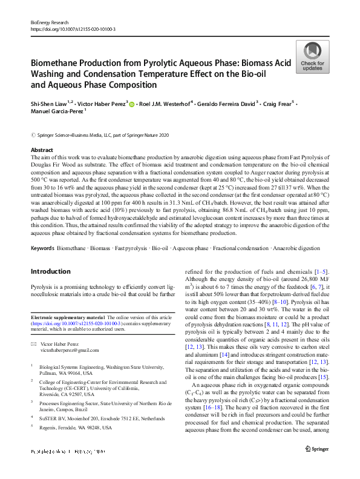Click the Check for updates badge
312,58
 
